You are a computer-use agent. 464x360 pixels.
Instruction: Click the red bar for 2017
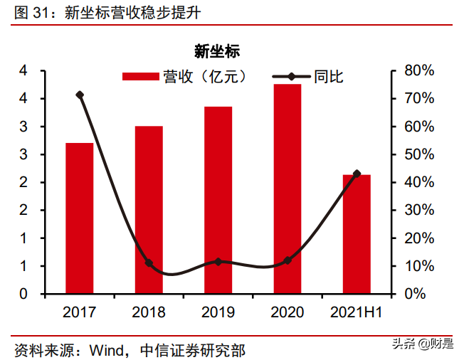[80, 218]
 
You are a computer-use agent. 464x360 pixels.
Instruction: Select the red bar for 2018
[149, 210]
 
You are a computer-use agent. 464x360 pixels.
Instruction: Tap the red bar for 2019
[218, 200]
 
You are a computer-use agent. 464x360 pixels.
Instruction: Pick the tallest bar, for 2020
[288, 189]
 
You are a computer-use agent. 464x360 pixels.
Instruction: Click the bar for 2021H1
[357, 233]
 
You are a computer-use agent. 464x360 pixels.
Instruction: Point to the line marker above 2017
[80, 95]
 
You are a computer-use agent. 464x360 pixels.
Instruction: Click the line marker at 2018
[149, 263]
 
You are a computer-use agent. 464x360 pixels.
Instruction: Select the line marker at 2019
[218, 262]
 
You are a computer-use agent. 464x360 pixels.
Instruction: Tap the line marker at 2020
[288, 261]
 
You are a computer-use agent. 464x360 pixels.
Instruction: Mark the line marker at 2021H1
[357, 174]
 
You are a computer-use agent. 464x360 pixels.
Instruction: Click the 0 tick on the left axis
[23, 294]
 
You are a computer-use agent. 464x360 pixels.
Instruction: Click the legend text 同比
[329, 77]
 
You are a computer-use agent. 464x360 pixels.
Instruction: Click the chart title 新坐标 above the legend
[217, 51]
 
